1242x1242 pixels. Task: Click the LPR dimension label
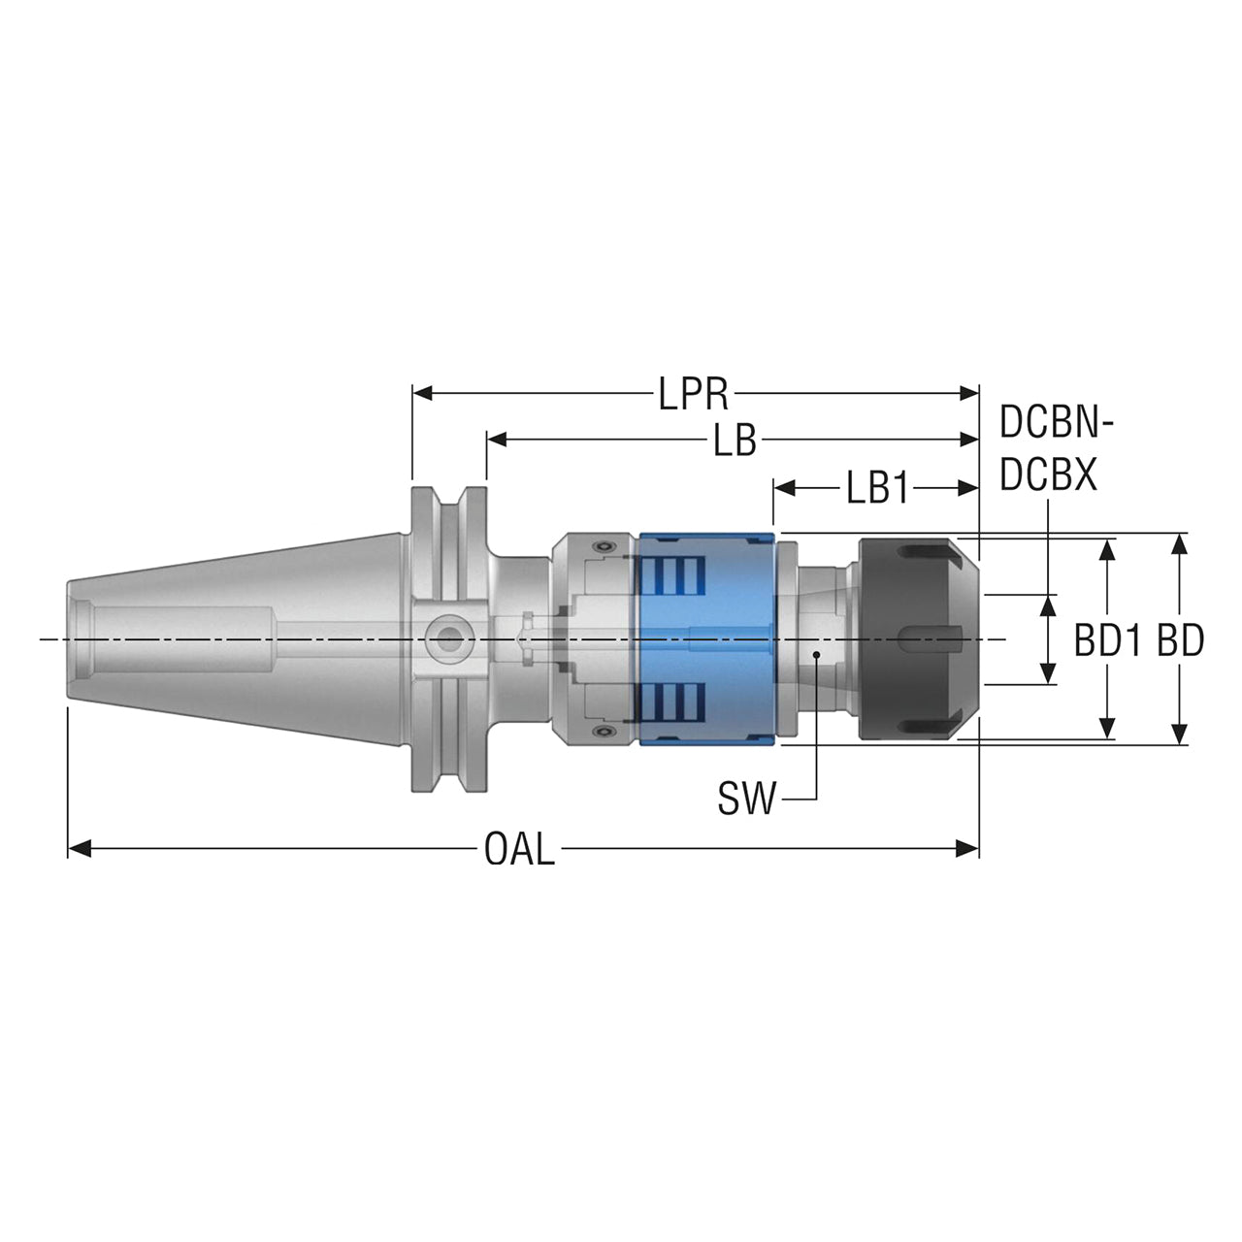click(x=693, y=393)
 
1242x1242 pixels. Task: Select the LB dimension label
click(x=735, y=441)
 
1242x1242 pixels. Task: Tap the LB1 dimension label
click(x=877, y=488)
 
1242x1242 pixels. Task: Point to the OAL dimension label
click(x=519, y=849)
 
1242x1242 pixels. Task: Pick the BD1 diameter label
click(x=1106, y=640)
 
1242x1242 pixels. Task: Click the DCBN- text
click(x=1057, y=423)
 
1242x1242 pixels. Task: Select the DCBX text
click(x=1048, y=475)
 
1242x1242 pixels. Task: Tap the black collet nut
click(x=919, y=638)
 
